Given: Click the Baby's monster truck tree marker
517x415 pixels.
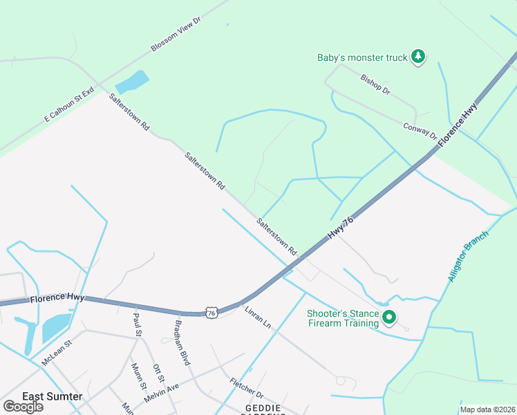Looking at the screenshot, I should pos(417,57).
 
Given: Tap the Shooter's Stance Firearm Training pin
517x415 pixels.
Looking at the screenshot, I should pos(388,318).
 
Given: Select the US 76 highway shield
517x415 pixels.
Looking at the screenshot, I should pos(211,313).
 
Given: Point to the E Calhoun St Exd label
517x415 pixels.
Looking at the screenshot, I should pos(69,104).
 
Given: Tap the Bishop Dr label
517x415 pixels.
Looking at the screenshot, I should pos(375,85).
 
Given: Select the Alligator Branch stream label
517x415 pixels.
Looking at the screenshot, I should pos(468,256).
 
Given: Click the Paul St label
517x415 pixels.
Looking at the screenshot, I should pos(137,324).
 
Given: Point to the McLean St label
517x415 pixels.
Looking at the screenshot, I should pos(57,352).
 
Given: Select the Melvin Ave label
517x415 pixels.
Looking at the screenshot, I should pos(162,394).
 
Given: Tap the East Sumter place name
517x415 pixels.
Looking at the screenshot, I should pos(53,396).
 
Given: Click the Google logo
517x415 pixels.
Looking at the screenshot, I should pos(23,407).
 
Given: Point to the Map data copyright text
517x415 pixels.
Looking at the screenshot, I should pos(487,409).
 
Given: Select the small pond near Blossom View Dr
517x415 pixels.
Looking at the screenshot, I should pos(132,82).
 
